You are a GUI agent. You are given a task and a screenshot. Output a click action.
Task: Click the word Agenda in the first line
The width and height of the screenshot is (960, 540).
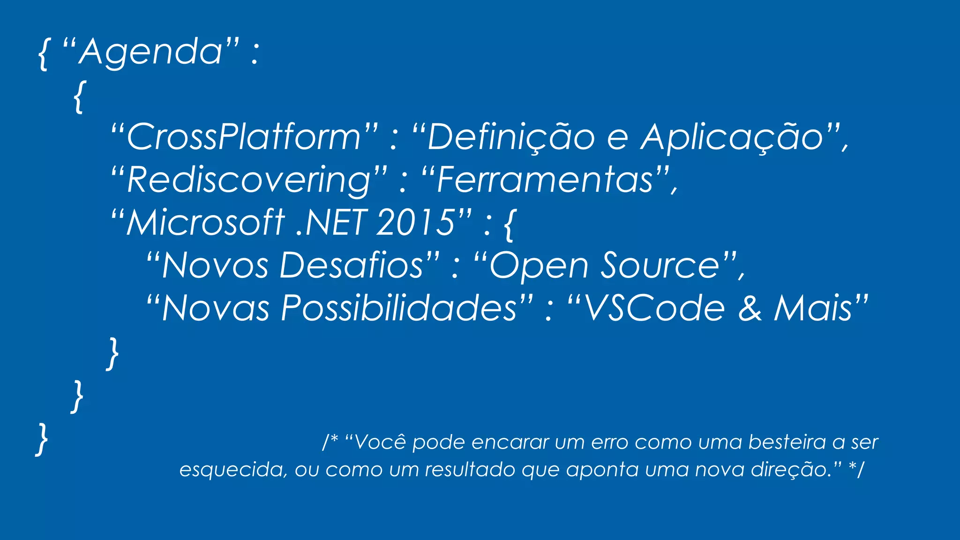(150, 52)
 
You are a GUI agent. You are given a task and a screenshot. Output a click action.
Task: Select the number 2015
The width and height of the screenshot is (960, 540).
(415, 222)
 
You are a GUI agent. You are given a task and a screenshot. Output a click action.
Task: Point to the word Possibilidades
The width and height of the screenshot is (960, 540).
(399, 308)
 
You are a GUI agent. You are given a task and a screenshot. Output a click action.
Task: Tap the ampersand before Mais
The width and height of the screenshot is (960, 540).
(750, 308)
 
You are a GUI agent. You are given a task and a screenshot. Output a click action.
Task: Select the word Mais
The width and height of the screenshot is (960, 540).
(813, 308)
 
